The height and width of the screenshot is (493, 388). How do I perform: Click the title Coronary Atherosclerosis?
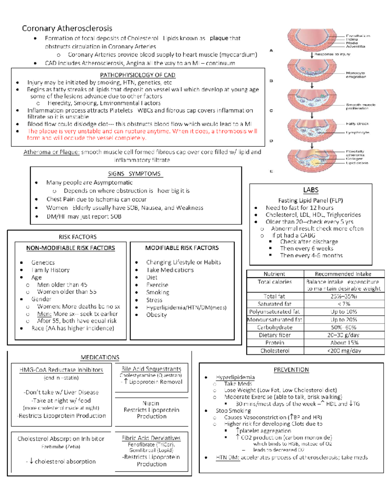pyautogui.click(x=67, y=29)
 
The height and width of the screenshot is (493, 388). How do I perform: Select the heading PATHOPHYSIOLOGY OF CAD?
pyautogui.click(x=137, y=75)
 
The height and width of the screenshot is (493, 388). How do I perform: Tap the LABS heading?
pyautogui.click(x=311, y=190)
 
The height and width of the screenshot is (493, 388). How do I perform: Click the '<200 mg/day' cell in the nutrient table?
pyautogui.click(x=344, y=351)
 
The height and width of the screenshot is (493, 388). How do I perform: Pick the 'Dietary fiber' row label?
pyautogui.click(x=275, y=335)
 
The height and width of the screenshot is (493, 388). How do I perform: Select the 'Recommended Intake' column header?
pyautogui.click(x=343, y=274)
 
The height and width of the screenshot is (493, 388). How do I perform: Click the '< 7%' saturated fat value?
pyautogui.click(x=344, y=304)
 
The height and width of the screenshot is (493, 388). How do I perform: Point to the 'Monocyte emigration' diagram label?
pyautogui.click(x=356, y=75)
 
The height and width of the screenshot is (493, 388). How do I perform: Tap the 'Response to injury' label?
pyautogui.click(x=332, y=54)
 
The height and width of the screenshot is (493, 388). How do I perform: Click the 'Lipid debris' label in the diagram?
pyautogui.click(x=357, y=163)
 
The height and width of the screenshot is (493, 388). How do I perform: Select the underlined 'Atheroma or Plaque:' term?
pyautogui.click(x=51, y=152)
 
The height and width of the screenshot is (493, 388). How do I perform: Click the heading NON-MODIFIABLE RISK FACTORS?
pyautogui.click(x=70, y=248)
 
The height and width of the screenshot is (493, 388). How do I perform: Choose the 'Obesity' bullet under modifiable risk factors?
pyautogui.click(x=156, y=315)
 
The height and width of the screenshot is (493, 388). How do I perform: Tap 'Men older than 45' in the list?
pyautogui.click(x=62, y=285)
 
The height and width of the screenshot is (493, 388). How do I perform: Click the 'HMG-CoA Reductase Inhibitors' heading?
pyautogui.click(x=61, y=370)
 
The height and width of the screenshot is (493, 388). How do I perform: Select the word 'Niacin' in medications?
pyautogui.click(x=151, y=403)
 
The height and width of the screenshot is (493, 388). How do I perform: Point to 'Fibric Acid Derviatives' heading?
pyautogui.click(x=151, y=438)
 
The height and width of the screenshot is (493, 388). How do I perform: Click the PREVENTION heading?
pyautogui.click(x=291, y=370)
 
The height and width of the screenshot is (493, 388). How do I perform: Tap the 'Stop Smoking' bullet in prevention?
pyautogui.click(x=233, y=411)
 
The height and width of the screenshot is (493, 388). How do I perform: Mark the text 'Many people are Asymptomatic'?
pyautogui.click(x=89, y=183)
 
